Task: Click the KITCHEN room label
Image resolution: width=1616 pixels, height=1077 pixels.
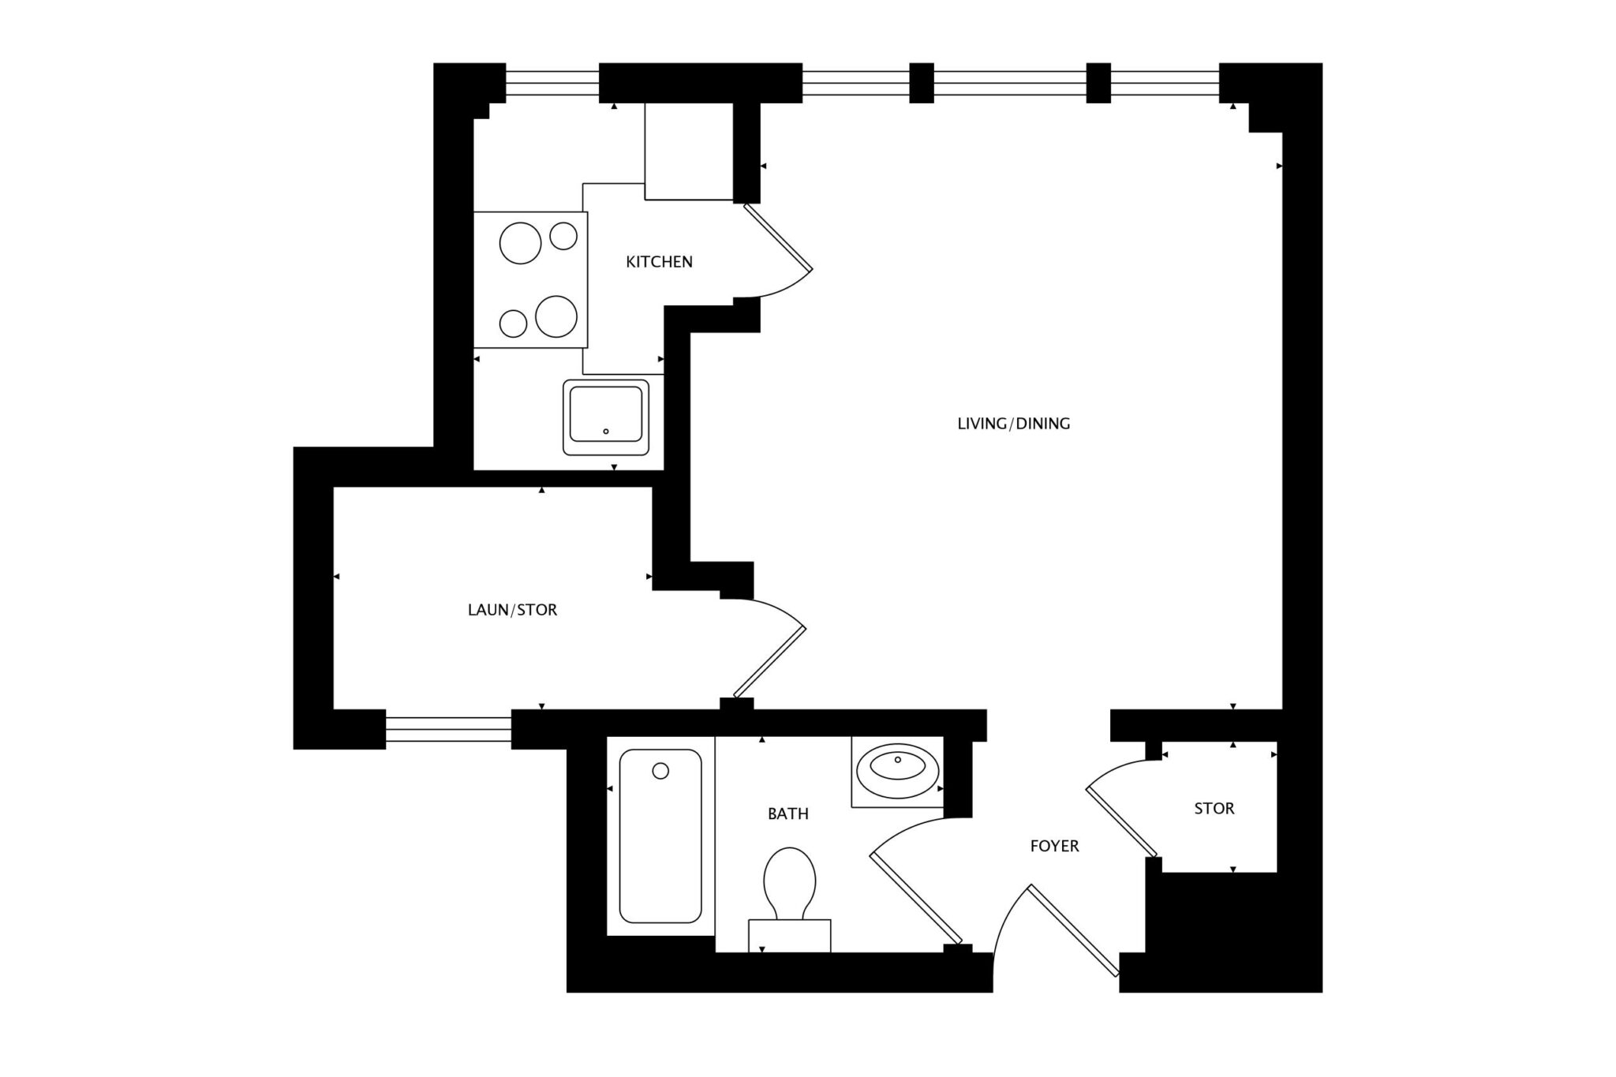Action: (x=659, y=261)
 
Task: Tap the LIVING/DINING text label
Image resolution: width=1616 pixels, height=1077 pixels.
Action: (x=1013, y=424)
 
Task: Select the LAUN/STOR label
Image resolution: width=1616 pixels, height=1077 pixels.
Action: (x=512, y=610)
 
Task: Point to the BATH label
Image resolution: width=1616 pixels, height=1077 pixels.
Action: (x=787, y=813)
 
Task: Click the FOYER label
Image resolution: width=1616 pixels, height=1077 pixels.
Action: (x=1054, y=846)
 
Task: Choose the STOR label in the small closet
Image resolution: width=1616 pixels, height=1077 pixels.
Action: (x=1214, y=809)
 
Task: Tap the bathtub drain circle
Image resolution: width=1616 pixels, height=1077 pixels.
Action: (x=660, y=771)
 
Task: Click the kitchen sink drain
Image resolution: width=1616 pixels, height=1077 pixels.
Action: (x=606, y=432)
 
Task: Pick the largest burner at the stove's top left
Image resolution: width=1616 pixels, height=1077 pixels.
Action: (x=521, y=243)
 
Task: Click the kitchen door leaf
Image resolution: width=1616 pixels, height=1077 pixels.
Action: (x=778, y=237)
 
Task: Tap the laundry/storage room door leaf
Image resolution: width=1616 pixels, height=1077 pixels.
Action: (x=769, y=662)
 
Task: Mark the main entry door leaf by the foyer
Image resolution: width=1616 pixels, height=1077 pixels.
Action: (x=1073, y=930)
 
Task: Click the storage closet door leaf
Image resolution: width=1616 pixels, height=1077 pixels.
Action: (x=1121, y=821)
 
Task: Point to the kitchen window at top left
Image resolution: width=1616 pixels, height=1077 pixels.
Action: (x=552, y=83)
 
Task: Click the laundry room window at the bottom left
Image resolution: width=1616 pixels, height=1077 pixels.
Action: (x=448, y=730)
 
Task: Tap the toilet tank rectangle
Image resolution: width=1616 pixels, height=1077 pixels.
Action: (x=789, y=936)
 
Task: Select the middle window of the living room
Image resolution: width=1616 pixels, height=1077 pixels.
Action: (x=1010, y=83)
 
